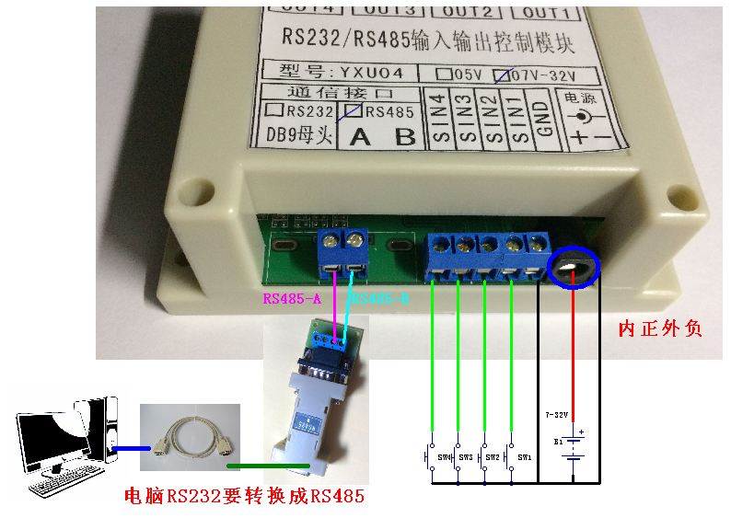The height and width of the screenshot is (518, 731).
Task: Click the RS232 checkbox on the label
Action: tap(273, 111)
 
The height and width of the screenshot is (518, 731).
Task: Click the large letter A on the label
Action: tap(361, 137)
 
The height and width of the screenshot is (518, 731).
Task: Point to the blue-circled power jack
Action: tap(573, 268)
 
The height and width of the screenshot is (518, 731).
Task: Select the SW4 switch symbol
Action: tap(430, 455)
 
